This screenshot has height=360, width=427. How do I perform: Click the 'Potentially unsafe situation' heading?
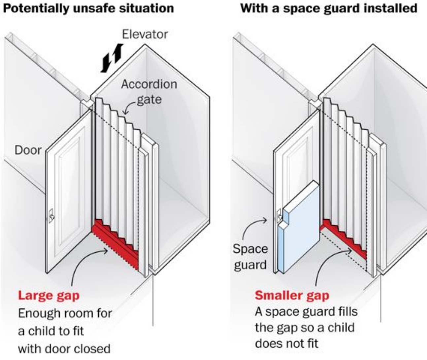point(88,8)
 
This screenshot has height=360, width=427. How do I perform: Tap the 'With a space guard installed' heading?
point(329,8)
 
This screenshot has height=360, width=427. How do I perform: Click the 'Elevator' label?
point(145,34)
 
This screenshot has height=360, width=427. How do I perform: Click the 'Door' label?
point(28,150)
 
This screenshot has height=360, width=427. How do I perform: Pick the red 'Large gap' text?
point(49,295)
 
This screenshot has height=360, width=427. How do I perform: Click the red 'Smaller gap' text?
point(292,295)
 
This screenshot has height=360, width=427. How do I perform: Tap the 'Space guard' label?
point(250,257)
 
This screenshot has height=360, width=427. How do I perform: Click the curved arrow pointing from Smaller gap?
point(327,264)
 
